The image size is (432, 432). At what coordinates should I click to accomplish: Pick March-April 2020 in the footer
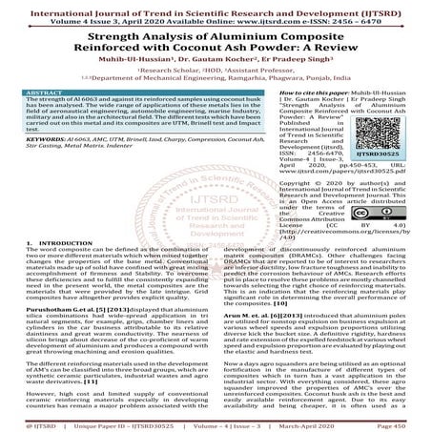click(x=311, y=425)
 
